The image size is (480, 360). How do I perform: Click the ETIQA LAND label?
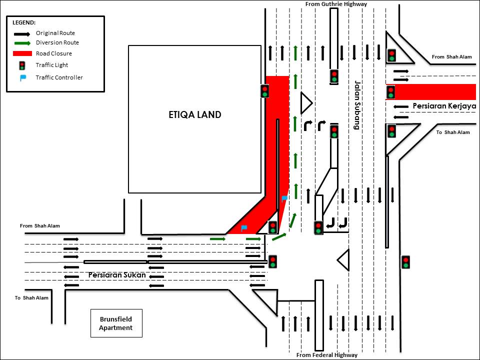(194, 114)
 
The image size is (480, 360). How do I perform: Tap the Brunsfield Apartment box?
(115, 323)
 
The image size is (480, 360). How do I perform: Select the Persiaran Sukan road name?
(117, 275)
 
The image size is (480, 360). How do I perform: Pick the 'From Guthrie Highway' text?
(336, 4)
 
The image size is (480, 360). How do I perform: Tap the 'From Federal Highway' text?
(327, 355)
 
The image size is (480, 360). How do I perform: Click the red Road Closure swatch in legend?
(22, 53)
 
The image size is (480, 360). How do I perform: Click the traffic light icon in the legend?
(22, 65)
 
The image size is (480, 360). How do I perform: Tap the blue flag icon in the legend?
(22, 77)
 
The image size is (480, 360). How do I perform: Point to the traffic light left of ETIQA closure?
(264, 91)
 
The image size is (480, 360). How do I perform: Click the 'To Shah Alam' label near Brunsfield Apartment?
(31, 298)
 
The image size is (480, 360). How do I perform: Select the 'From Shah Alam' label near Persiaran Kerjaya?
(445, 57)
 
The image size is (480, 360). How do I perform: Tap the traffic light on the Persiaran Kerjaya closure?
(390, 92)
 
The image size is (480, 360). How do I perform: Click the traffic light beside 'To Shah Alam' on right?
(391, 131)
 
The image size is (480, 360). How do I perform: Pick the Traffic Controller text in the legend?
(59, 77)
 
